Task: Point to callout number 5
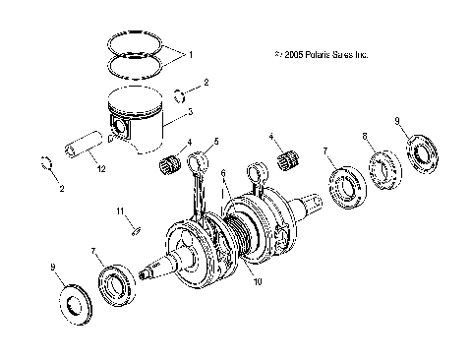point(216,142)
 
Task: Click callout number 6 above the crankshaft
point(224,172)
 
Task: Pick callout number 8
point(364,137)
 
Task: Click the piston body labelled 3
point(138,116)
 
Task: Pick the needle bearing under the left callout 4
point(169,164)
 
